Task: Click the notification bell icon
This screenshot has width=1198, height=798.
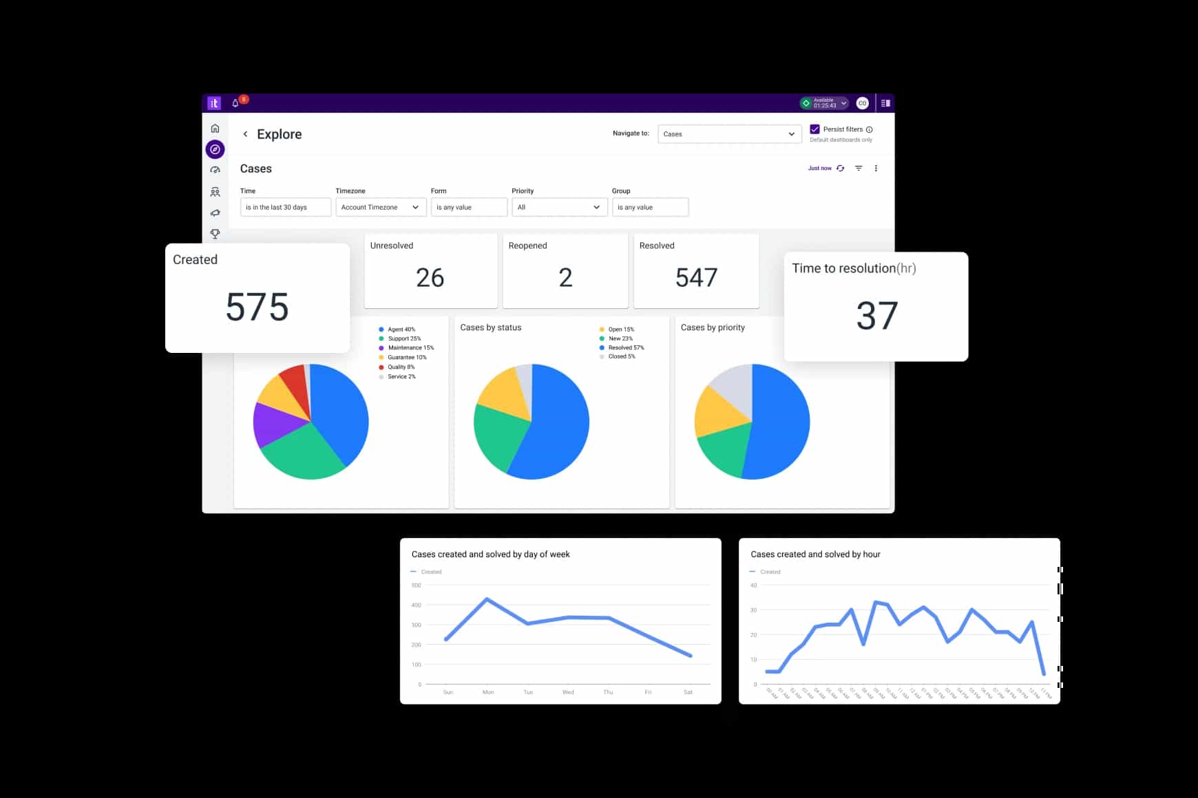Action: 235,103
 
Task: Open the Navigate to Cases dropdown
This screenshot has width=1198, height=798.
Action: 729,134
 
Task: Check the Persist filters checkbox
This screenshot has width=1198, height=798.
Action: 815,129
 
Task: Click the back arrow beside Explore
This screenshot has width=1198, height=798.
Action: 245,134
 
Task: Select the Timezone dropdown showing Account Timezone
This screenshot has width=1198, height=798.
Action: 380,207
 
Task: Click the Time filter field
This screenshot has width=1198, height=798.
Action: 285,207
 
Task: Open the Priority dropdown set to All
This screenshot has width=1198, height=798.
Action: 559,207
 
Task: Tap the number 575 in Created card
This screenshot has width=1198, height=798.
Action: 257,307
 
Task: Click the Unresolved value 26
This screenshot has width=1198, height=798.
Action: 430,278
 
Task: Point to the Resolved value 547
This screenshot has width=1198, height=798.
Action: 696,278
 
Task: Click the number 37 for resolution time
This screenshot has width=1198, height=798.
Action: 876,316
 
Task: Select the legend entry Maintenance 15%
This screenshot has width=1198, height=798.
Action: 410,347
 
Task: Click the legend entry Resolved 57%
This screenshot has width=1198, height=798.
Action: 626,347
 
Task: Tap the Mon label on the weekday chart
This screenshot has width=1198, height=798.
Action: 488,692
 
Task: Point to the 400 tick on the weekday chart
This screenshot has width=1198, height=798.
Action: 416,605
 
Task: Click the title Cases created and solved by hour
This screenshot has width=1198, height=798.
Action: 815,554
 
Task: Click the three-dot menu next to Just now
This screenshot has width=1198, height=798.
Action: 876,169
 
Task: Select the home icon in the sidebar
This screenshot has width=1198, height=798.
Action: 215,129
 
